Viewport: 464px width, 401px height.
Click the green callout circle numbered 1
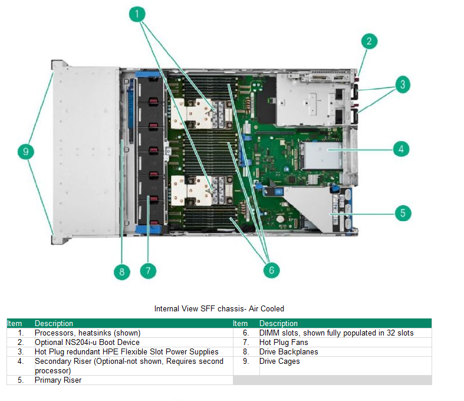(x=137, y=14)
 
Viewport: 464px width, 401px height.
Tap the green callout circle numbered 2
(x=368, y=41)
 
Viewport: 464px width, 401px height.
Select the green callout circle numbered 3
(x=402, y=84)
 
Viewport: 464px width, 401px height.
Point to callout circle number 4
(x=402, y=149)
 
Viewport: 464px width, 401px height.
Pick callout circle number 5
(x=403, y=212)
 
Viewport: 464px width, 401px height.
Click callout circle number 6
(x=271, y=270)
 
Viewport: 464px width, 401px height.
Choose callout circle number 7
(x=148, y=271)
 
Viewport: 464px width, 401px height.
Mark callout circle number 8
(x=122, y=271)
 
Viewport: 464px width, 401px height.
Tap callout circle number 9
(x=25, y=152)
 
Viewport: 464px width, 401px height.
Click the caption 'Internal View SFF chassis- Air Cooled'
(x=219, y=308)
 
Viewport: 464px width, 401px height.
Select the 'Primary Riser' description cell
(x=58, y=380)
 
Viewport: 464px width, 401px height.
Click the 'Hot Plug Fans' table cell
(x=284, y=343)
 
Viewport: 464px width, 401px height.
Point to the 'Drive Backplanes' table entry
(x=289, y=352)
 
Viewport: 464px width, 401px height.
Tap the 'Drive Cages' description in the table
(x=279, y=361)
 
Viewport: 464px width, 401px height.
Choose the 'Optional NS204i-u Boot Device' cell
(x=87, y=343)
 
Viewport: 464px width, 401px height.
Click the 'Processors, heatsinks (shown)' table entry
(x=87, y=333)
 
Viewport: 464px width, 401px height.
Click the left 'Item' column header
(x=14, y=323)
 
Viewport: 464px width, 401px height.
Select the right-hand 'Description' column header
(x=278, y=323)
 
